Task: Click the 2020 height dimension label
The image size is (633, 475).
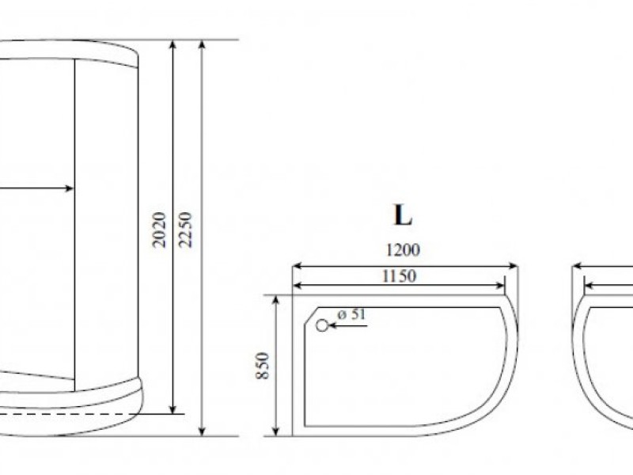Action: point(159,230)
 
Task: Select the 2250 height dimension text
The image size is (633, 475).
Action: point(187,230)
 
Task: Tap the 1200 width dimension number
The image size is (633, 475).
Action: point(404,251)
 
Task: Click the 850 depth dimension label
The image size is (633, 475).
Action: point(264,365)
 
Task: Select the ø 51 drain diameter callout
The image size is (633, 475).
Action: point(351,315)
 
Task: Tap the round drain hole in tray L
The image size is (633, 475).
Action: point(323,325)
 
